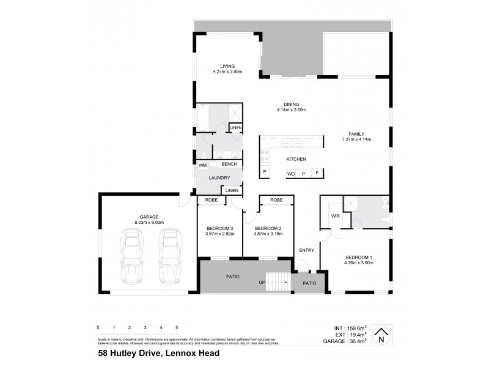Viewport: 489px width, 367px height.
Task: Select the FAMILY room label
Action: pos(356,133)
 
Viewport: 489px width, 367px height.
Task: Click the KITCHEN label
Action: pos(296,160)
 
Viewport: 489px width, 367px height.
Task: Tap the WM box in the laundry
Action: pos(202,165)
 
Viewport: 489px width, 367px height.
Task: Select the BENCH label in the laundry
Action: pos(229,165)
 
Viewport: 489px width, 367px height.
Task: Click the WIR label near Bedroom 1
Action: pos(335,216)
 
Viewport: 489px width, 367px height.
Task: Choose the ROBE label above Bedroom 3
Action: pos(211,200)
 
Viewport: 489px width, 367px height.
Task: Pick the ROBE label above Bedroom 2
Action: pos(276,200)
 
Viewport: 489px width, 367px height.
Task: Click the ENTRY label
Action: pos(306,250)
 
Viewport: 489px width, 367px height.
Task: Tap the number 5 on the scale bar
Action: pos(177,328)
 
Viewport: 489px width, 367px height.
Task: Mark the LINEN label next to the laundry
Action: pos(231,190)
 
